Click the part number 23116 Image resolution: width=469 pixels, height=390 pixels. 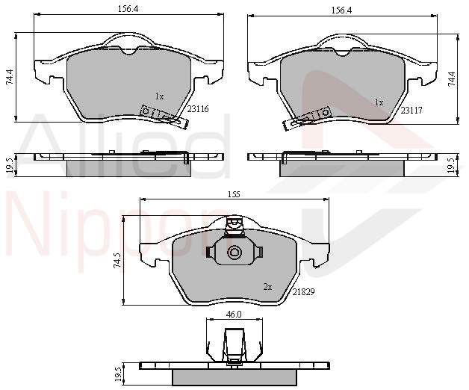[x=198, y=109]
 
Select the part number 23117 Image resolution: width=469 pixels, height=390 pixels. [x=411, y=111]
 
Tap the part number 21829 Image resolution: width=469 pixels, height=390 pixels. [x=304, y=292]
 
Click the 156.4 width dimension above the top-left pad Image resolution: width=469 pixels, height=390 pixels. [x=128, y=9]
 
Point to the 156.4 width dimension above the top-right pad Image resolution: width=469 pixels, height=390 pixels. [x=341, y=10]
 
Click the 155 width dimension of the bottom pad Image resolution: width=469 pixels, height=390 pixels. [x=234, y=194]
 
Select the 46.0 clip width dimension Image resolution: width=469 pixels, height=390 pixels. [x=234, y=315]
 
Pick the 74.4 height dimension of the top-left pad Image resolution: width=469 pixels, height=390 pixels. [x=10, y=77]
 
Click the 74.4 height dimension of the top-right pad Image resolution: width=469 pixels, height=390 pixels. [x=452, y=79]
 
